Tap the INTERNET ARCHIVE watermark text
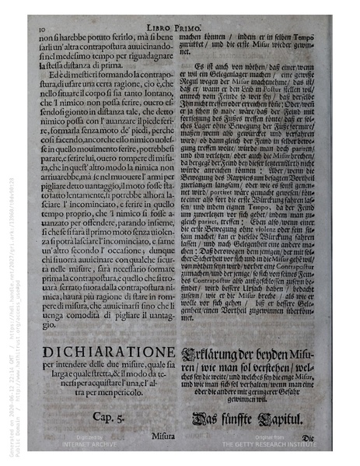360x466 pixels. pyautogui.click(x=79, y=447)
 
